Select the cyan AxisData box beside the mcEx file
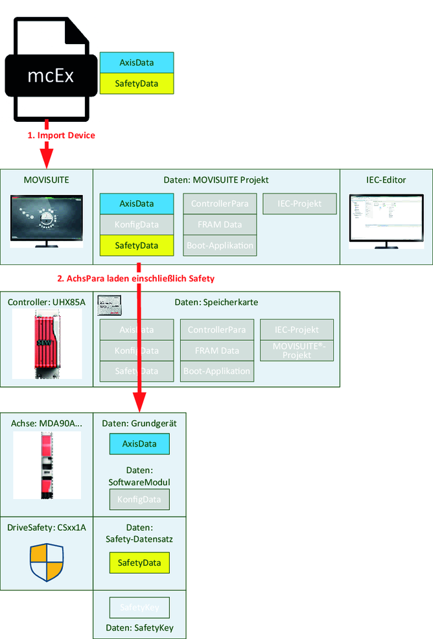[137, 62]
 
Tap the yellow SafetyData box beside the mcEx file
[137, 84]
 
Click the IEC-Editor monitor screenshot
[386, 220]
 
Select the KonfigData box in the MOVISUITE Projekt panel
[137, 225]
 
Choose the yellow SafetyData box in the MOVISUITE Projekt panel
[137, 246]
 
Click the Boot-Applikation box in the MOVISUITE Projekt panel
[220, 246]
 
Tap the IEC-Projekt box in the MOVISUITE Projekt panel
[300, 203]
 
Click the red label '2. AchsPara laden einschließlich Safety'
[135, 279]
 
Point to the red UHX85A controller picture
[47, 343]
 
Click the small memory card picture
[110, 307]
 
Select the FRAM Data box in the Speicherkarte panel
[217, 351]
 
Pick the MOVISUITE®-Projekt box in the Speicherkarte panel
[298, 351]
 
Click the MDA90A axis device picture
[47, 465]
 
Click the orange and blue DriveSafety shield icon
[47, 562]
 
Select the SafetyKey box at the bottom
[139, 608]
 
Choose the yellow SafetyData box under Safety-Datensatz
[139, 563]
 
